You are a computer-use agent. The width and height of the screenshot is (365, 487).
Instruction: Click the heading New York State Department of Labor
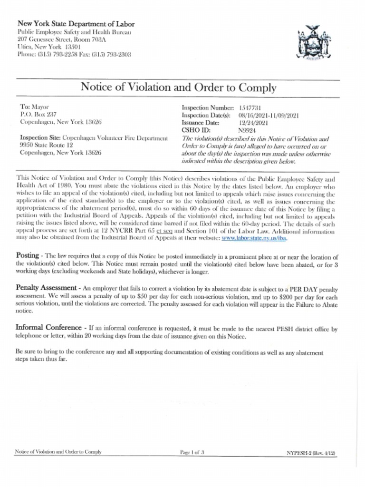pyautogui.click(x=76, y=24)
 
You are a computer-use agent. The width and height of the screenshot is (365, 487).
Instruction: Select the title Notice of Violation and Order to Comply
pyautogui.click(x=178, y=88)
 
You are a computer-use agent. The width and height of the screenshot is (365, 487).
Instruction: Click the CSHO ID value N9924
pyautogui.click(x=247, y=129)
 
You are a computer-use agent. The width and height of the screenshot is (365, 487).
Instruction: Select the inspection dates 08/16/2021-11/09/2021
pyautogui.click(x=269, y=115)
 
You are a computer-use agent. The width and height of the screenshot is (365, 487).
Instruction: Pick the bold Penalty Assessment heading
pyautogui.click(x=46, y=288)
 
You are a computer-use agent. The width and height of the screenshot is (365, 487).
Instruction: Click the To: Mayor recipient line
pyautogui.click(x=34, y=107)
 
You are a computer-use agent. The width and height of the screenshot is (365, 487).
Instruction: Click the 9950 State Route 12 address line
pyautogui.click(x=47, y=145)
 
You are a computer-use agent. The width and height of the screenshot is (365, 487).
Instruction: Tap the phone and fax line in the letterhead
pyautogui.click(x=74, y=54)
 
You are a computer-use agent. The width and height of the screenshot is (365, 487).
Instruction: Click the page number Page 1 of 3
pyautogui.click(x=192, y=452)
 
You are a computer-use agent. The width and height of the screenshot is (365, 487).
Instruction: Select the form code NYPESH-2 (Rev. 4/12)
pyautogui.click(x=311, y=452)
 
